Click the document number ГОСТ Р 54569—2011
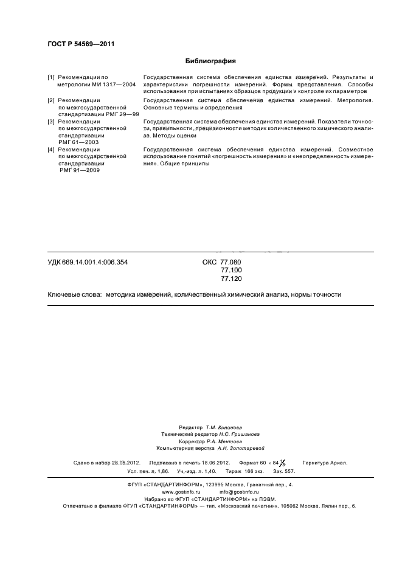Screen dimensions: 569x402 81,44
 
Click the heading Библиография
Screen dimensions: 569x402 210,61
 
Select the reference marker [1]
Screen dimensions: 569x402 52,78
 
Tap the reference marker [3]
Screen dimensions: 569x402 52,122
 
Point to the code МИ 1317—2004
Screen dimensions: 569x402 113,85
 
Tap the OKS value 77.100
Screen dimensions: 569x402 230,270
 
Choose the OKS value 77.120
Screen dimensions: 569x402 230,278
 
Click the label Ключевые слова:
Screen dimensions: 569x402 74,294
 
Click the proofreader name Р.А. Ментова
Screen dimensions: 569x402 233,441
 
